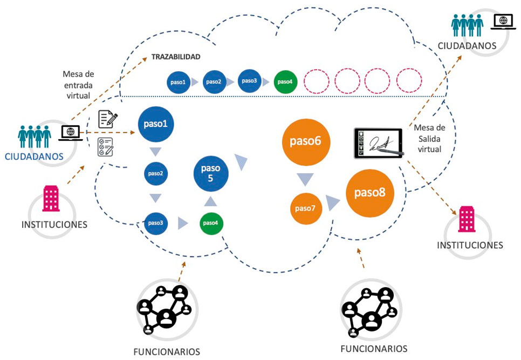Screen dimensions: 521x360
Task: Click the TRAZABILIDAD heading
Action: (176, 57)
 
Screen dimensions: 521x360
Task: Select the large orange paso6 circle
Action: (306, 142)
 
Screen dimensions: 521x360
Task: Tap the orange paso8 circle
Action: (370, 193)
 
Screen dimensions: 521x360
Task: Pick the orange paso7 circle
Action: (306, 208)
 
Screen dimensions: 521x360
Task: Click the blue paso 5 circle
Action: (211, 173)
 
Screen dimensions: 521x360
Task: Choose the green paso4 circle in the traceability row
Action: (285, 81)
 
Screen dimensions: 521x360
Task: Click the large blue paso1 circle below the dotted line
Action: (155, 124)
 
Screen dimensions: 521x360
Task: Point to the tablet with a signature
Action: (379, 143)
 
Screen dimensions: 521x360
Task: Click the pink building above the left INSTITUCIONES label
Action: (51, 199)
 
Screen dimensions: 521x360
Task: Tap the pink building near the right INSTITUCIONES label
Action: (467, 219)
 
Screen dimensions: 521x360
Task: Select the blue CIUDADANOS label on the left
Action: (34, 157)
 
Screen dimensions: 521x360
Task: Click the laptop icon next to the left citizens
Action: (71, 133)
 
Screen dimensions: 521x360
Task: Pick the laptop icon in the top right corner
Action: (503, 22)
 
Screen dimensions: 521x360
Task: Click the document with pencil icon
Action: (108, 119)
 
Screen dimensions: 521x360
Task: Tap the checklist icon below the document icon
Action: (105, 147)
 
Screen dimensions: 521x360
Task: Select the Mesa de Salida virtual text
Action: (429, 138)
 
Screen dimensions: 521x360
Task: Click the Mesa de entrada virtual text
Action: (78, 85)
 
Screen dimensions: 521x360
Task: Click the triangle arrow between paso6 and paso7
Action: (305, 179)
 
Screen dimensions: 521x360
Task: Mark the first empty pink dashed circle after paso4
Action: (317, 81)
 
